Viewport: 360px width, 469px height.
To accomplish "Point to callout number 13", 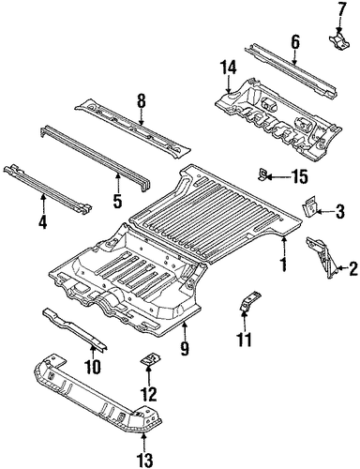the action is tap(145, 460).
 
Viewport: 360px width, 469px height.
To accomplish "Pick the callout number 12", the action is tap(149, 395).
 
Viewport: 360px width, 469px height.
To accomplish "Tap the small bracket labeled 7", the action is tap(338, 40).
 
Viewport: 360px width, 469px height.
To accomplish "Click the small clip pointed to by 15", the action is tap(262, 174).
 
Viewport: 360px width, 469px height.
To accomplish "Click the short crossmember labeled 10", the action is tap(75, 328).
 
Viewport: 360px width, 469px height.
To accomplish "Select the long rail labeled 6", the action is tap(291, 71).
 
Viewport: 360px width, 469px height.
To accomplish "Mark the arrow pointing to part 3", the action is tap(324, 212).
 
